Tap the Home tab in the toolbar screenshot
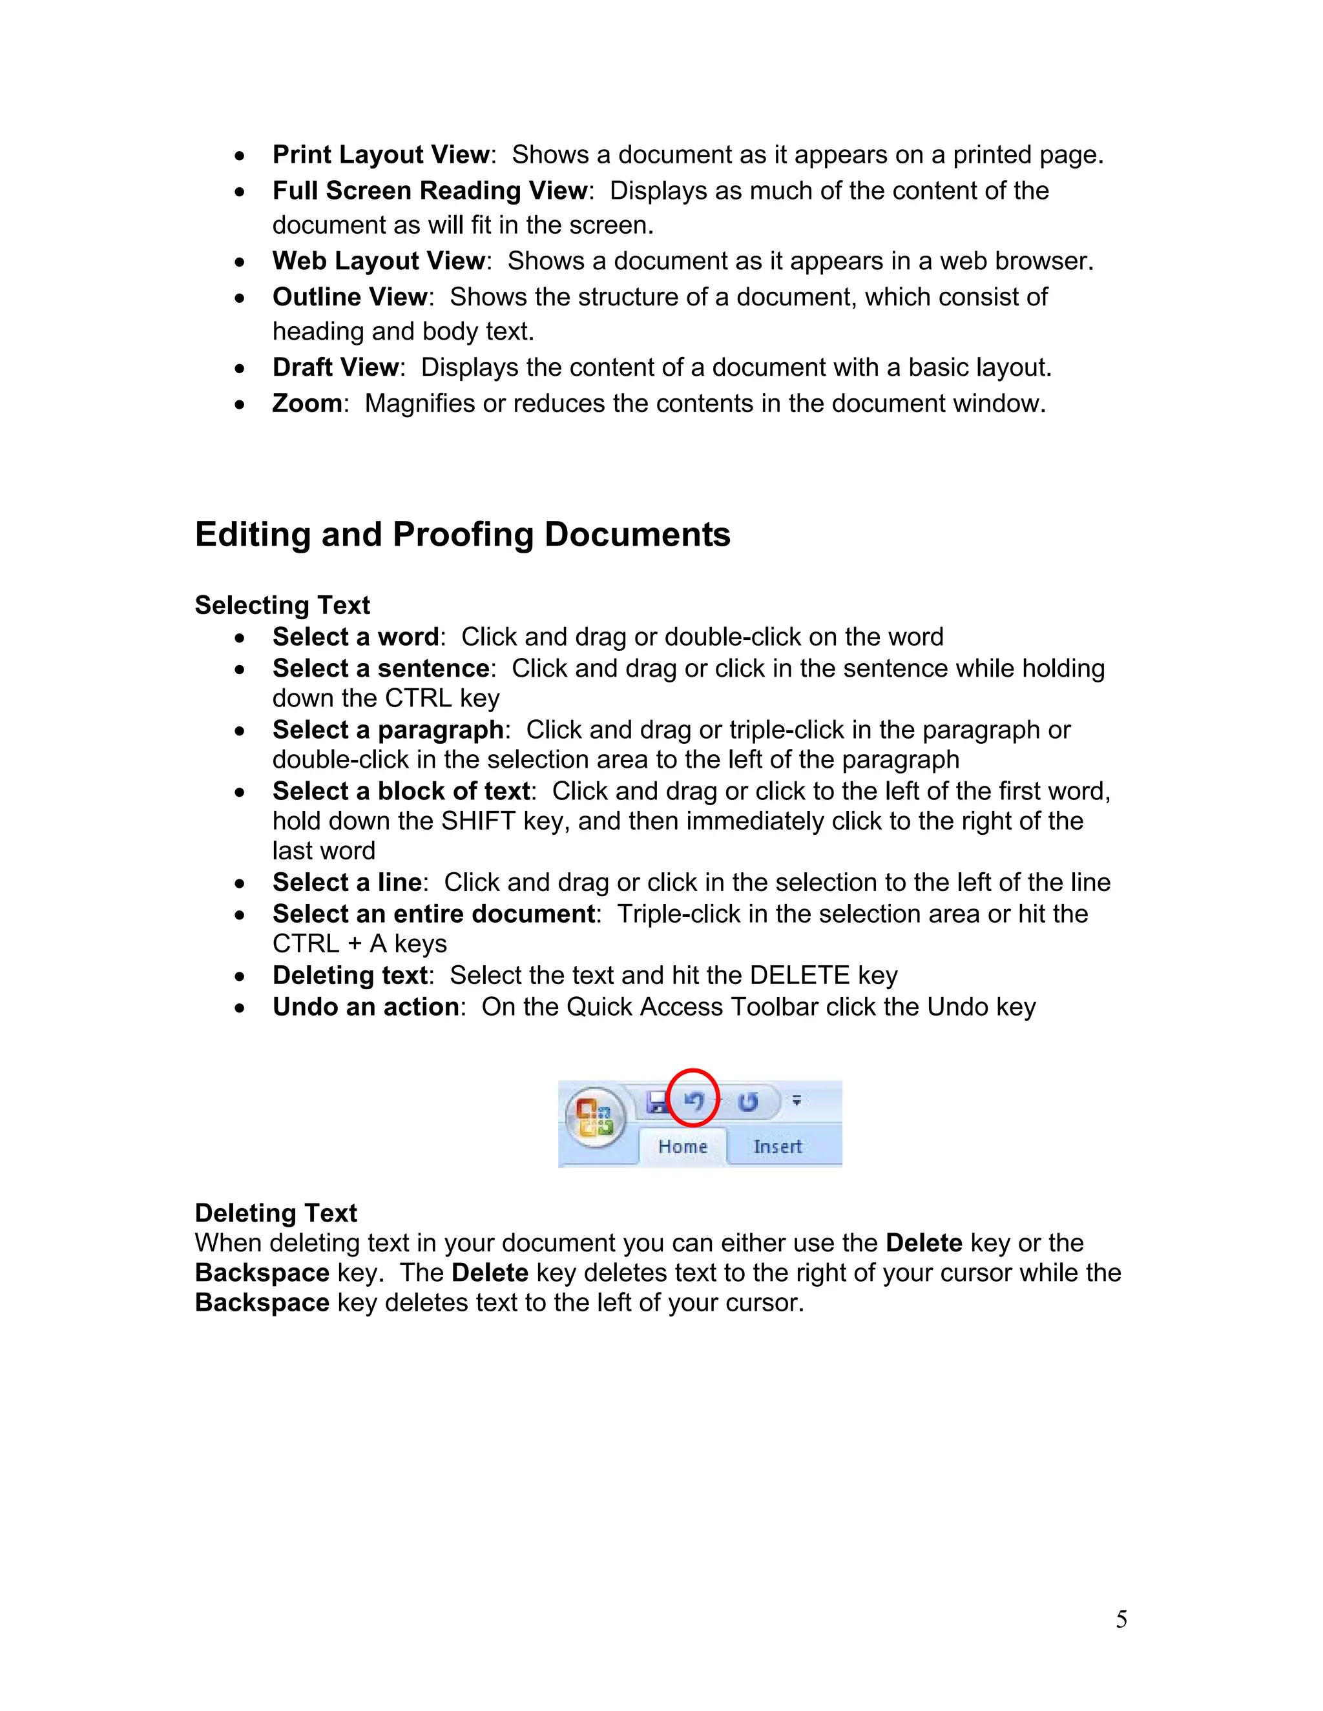pyautogui.click(x=683, y=1147)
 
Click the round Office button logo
pyautogui.click(x=595, y=1118)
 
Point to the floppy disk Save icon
pyautogui.click(x=657, y=1102)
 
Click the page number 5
pyautogui.click(x=1121, y=1619)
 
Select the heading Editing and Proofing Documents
pyautogui.click(x=463, y=535)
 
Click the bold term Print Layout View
pyautogui.click(x=381, y=155)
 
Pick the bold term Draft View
pyautogui.click(x=335, y=367)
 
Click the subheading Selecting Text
pyautogui.click(x=282, y=606)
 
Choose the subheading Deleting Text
pyautogui.click(x=276, y=1213)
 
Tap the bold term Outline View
pyautogui.click(x=349, y=297)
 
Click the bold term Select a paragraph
pyautogui.click(x=388, y=730)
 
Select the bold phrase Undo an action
pyautogui.click(x=365, y=1007)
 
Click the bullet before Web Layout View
pyautogui.click(x=240, y=261)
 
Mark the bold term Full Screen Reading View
pyautogui.click(x=430, y=190)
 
